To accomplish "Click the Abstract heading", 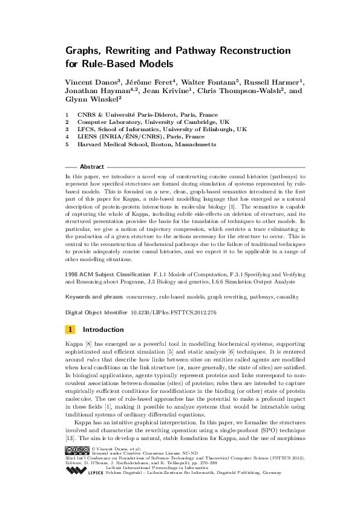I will (91, 166).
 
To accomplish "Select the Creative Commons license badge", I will (76, 450).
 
